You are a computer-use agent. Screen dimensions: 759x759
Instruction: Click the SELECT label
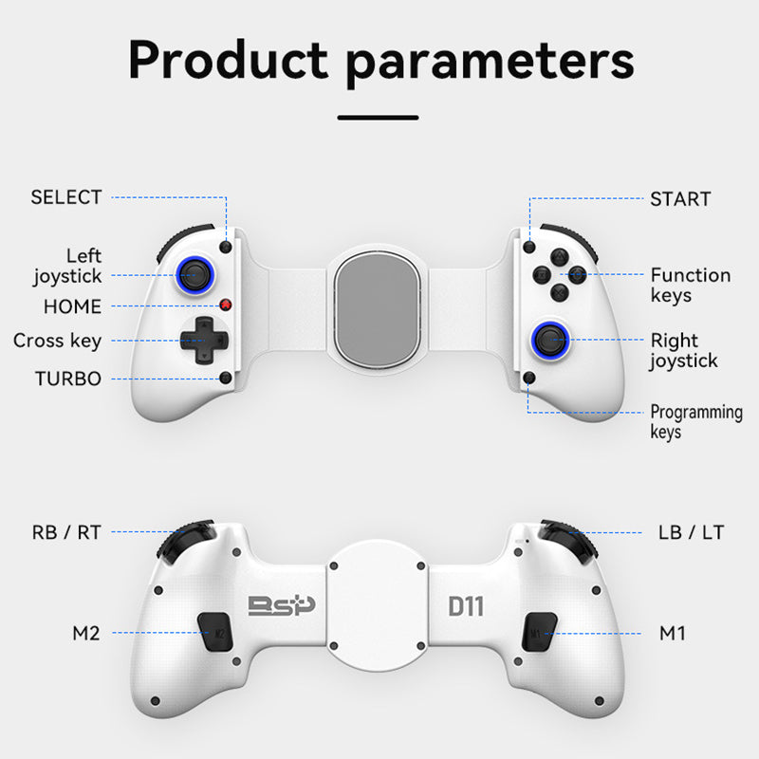65,197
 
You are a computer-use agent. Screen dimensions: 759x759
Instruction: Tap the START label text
680,199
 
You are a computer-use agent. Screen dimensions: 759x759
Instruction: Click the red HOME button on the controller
227,305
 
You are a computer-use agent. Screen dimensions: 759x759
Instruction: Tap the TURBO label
67,378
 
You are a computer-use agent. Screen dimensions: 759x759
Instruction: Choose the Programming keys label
695,421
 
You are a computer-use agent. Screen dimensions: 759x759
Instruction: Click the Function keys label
690,285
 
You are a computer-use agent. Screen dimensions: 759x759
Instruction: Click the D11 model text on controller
465,604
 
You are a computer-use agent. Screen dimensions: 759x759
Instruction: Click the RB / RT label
66,532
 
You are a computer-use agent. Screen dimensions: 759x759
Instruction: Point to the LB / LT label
691,532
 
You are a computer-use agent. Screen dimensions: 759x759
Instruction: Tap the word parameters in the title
490,61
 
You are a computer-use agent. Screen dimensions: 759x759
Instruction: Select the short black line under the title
378,118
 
